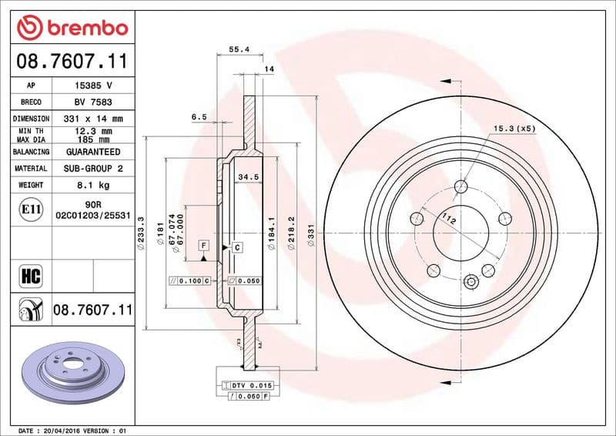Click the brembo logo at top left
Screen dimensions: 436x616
point(72,28)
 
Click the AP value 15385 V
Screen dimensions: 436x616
point(92,86)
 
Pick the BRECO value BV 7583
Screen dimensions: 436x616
point(92,102)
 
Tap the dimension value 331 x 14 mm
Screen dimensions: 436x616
point(92,119)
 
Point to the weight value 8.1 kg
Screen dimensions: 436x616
point(92,185)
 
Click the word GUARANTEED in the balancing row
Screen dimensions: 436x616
point(92,152)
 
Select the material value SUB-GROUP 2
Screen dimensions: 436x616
point(92,168)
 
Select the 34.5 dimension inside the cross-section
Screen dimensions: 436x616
point(246,177)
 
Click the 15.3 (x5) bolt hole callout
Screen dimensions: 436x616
point(514,128)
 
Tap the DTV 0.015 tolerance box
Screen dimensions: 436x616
point(247,384)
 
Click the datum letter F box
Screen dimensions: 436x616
point(204,244)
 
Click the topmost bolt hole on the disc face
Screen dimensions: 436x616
point(461,186)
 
